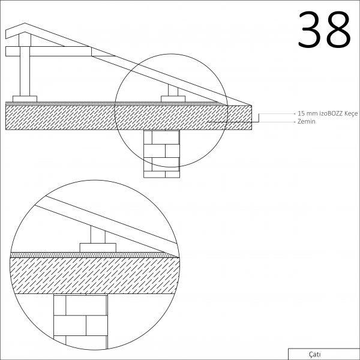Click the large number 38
point(324,29)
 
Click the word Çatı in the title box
point(315,354)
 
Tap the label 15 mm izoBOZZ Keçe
point(328,113)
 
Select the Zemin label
point(306,121)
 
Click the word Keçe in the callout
point(351,113)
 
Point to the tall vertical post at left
point(25,71)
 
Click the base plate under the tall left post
point(25,99)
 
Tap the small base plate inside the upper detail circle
point(173,99)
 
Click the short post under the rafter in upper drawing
point(173,91)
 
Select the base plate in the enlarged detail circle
point(98,248)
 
